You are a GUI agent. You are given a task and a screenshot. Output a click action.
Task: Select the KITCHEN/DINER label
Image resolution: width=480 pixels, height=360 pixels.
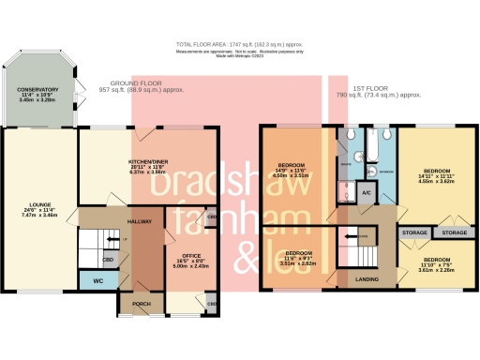point(149,161)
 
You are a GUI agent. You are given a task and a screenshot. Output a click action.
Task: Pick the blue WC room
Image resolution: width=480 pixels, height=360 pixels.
point(97,280)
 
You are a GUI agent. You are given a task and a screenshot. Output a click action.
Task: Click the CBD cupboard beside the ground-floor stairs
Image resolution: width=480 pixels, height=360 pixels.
point(109,260)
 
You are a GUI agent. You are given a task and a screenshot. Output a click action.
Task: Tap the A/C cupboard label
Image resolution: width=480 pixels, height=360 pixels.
point(366,192)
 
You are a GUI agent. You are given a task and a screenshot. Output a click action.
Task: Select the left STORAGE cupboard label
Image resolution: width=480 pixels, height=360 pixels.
point(413,232)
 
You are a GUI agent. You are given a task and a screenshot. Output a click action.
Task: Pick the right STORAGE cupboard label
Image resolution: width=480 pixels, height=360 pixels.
point(455,232)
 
